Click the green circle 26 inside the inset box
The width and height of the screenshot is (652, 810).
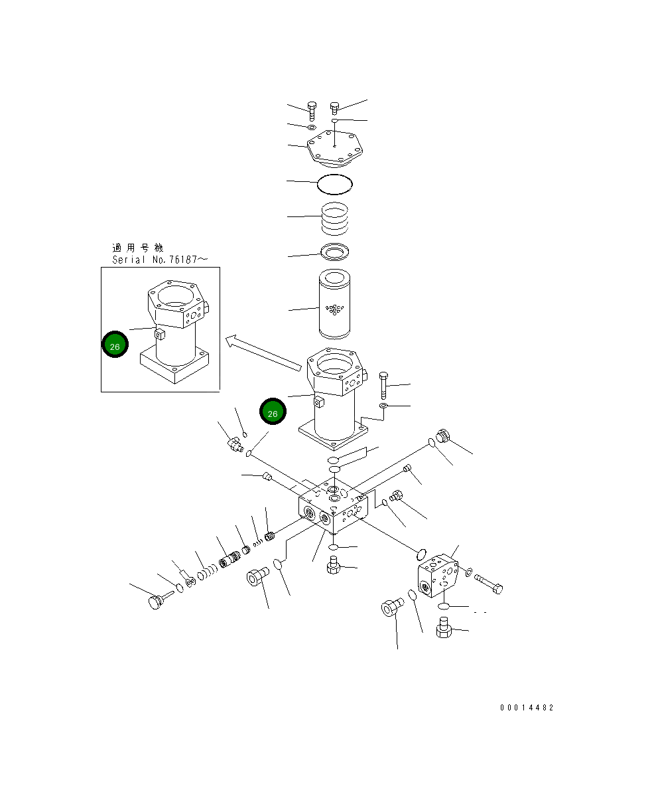(115, 346)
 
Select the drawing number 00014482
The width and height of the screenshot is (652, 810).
(526, 708)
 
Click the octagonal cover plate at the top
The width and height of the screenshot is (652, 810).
(335, 150)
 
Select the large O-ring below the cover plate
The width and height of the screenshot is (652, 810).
(335, 183)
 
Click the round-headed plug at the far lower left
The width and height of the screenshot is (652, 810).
(157, 602)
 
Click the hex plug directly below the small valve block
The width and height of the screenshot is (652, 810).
(444, 627)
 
